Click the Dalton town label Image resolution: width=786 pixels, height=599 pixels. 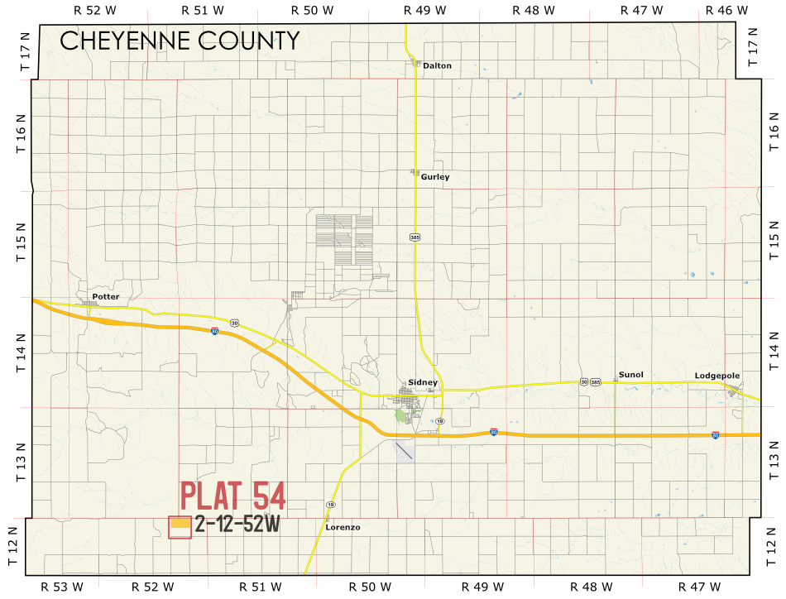point(437,65)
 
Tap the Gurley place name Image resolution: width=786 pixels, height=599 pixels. point(435,177)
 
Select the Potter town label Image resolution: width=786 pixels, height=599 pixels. point(106,296)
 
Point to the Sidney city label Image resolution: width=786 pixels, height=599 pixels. point(423,382)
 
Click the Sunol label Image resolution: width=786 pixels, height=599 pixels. point(630,375)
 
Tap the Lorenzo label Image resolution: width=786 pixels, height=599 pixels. point(343,527)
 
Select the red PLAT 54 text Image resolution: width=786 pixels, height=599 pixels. point(233,496)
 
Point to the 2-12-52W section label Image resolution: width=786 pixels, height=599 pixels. point(237,524)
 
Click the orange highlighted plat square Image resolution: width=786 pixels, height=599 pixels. point(180,525)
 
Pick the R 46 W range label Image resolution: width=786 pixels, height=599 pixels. point(726,10)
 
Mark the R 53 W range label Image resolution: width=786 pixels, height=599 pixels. point(62,587)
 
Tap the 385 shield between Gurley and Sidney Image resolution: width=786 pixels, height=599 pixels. point(415,237)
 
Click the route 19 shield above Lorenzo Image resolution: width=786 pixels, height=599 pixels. point(331,504)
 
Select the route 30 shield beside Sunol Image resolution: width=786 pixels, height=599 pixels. point(584,381)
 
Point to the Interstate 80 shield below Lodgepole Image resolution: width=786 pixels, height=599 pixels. point(715,434)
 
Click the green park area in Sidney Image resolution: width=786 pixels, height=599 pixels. point(401,415)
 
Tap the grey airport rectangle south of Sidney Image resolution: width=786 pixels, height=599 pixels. point(405,451)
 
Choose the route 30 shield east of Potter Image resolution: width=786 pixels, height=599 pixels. point(236,323)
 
